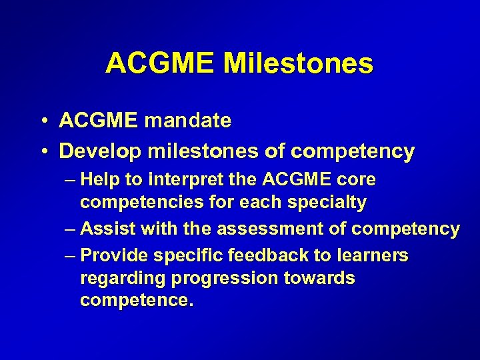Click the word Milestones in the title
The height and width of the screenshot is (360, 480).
click(x=298, y=63)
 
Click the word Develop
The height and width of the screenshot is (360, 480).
click(x=100, y=152)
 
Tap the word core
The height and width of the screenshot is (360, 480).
click(x=357, y=180)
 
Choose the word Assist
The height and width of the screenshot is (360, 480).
click(x=104, y=229)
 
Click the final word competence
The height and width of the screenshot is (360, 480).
click(x=137, y=301)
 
